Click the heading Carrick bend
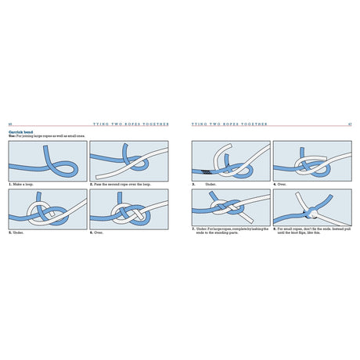point(21,132)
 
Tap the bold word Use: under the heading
point(13,137)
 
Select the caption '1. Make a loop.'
point(23,184)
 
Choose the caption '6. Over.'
point(99,232)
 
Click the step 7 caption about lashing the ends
point(230,231)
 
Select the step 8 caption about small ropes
point(310,232)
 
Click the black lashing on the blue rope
point(207,171)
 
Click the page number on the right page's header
point(349,124)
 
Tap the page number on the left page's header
point(9,124)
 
